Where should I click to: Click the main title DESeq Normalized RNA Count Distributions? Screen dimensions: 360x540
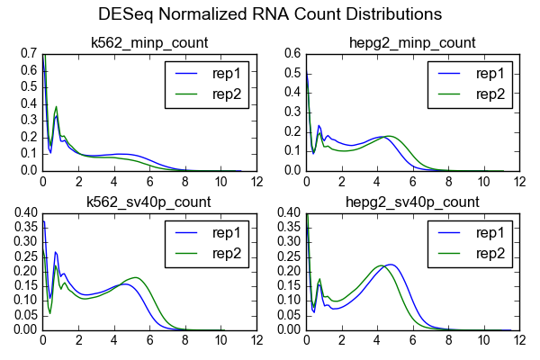pos(270,14)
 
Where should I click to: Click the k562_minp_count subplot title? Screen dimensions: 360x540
pos(149,43)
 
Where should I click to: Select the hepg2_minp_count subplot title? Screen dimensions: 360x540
pos(413,43)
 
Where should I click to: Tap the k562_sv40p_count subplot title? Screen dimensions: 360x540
pos(149,202)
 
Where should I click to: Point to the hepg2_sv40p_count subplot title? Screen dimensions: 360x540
pos(413,202)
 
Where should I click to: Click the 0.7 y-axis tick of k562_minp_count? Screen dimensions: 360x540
pos(27,54)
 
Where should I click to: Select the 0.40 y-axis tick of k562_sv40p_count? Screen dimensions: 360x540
pos(23,213)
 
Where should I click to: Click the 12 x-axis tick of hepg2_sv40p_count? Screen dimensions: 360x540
pos(519,341)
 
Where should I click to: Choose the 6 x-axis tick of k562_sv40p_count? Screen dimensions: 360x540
pos(149,341)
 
